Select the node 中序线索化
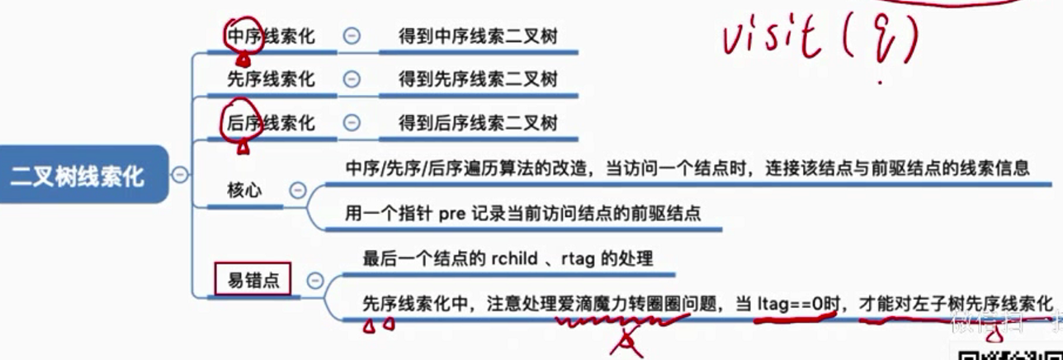tap(271, 36)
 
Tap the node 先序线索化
tap(271, 79)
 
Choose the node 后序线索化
tap(271, 123)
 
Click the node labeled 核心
tap(244, 190)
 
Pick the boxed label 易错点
tap(253, 280)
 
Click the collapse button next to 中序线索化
tap(351, 36)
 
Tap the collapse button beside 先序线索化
tap(351, 79)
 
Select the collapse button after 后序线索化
tap(351, 123)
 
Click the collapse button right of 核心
tap(298, 190)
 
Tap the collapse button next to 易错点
tap(314, 280)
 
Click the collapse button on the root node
tap(179, 175)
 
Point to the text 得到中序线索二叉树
tap(478, 36)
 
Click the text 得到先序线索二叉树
tap(478, 79)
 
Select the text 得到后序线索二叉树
tap(478, 123)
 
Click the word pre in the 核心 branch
tap(452, 213)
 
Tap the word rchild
tap(516, 258)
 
